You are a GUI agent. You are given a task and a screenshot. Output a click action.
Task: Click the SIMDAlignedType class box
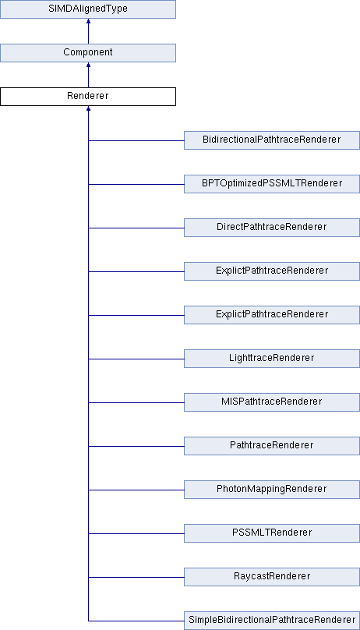coord(88,9)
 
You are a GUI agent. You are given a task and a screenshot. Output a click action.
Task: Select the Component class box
coord(88,53)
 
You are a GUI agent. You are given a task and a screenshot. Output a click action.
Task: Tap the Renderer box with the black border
coord(88,97)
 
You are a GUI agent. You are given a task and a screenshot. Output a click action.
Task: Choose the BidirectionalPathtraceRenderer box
coord(272,140)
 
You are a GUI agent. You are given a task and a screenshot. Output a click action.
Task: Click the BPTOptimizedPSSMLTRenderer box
coord(272,184)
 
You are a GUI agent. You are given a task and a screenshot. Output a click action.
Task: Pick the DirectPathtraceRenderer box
coord(272,228)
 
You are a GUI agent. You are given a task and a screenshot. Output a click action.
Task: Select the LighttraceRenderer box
coord(272,359)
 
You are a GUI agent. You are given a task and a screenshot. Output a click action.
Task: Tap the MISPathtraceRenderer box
coord(272,402)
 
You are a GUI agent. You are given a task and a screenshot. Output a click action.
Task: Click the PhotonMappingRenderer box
coord(272,490)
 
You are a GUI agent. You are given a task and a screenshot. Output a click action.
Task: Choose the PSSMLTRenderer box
coord(272,533)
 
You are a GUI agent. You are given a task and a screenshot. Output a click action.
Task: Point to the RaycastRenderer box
coord(272,577)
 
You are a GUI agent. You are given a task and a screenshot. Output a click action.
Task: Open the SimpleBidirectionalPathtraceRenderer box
coord(272,621)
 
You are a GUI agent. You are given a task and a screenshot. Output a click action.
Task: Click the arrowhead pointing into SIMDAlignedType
coord(88,21)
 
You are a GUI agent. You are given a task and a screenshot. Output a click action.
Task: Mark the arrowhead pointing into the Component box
coord(88,65)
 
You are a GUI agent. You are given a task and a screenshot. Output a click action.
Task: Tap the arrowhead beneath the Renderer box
coord(88,108)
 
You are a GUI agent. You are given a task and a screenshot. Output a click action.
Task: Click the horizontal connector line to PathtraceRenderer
coord(136,446)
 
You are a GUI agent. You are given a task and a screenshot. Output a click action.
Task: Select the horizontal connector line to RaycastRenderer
coord(136,577)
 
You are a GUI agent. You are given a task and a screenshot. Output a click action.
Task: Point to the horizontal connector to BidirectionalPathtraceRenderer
coord(136,140)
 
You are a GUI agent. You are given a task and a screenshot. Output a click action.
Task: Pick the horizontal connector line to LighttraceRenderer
coord(136,359)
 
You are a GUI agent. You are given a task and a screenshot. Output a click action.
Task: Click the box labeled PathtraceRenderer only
coord(272,446)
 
